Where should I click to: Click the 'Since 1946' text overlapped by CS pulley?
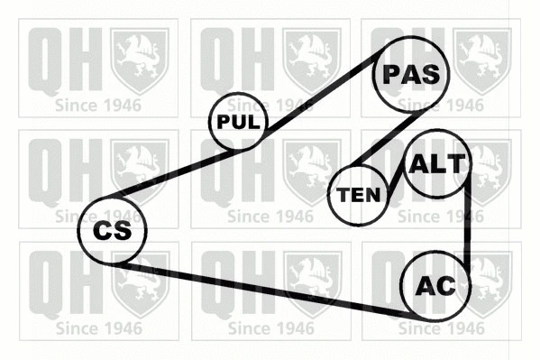(x=98, y=217)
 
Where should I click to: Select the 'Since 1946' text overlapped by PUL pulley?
(x=270, y=106)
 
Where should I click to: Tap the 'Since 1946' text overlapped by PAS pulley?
(x=441, y=106)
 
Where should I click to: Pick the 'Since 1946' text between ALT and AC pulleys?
(x=441, y=217)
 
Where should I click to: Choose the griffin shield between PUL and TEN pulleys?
(x=312, y=172)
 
